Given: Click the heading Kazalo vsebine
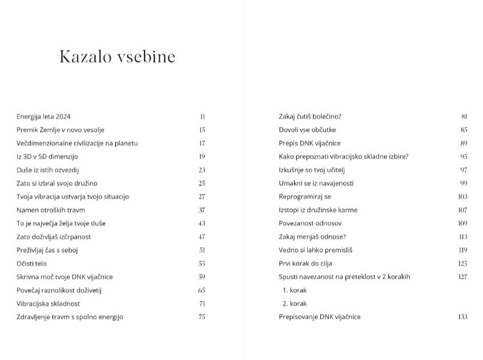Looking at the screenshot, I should [117, 57].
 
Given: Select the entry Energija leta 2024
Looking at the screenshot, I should [43, 117].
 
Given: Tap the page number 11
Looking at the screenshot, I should [203, 117].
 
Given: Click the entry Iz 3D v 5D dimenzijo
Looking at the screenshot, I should [47, 157].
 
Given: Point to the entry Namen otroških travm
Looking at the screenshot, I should [51, 210].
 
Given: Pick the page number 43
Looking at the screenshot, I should [202, 223].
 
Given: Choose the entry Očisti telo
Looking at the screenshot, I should [31, 263].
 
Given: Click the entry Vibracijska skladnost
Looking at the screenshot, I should [49, 303].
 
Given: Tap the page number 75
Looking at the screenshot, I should [202, 317].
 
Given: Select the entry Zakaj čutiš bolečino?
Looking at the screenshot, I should [310, 117].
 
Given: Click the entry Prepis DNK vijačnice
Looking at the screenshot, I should [309, 143].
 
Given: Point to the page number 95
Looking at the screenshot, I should [464, 157].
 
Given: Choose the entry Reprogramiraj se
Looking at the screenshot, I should [305, 197].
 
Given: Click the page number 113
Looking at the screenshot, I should [463, 237].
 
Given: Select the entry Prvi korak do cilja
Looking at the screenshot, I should [305, 263].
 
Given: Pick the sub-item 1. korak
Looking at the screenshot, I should [295, 290].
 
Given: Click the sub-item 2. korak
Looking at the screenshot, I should [295, 303].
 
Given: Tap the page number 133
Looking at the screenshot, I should [462, 317].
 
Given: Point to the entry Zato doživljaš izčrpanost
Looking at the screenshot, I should [54, 237].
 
